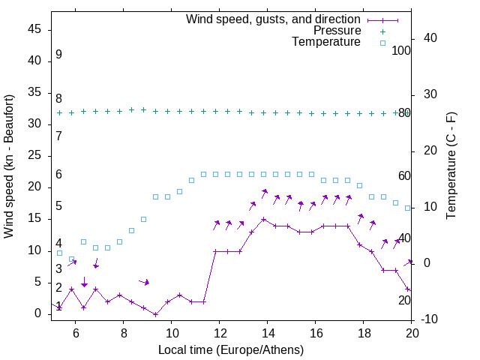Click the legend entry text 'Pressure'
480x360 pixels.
337,31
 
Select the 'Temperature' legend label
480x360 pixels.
326,42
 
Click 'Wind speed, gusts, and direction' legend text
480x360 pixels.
274,19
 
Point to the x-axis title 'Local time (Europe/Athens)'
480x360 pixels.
231,349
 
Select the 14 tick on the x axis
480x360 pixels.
267,333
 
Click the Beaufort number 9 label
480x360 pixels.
58,55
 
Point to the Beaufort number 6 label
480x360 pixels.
58,175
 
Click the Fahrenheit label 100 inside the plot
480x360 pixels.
401,50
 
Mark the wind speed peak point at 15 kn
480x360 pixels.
264,220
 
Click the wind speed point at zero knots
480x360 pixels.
156,314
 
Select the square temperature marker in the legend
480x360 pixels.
382,43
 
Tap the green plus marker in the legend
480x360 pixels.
382,31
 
